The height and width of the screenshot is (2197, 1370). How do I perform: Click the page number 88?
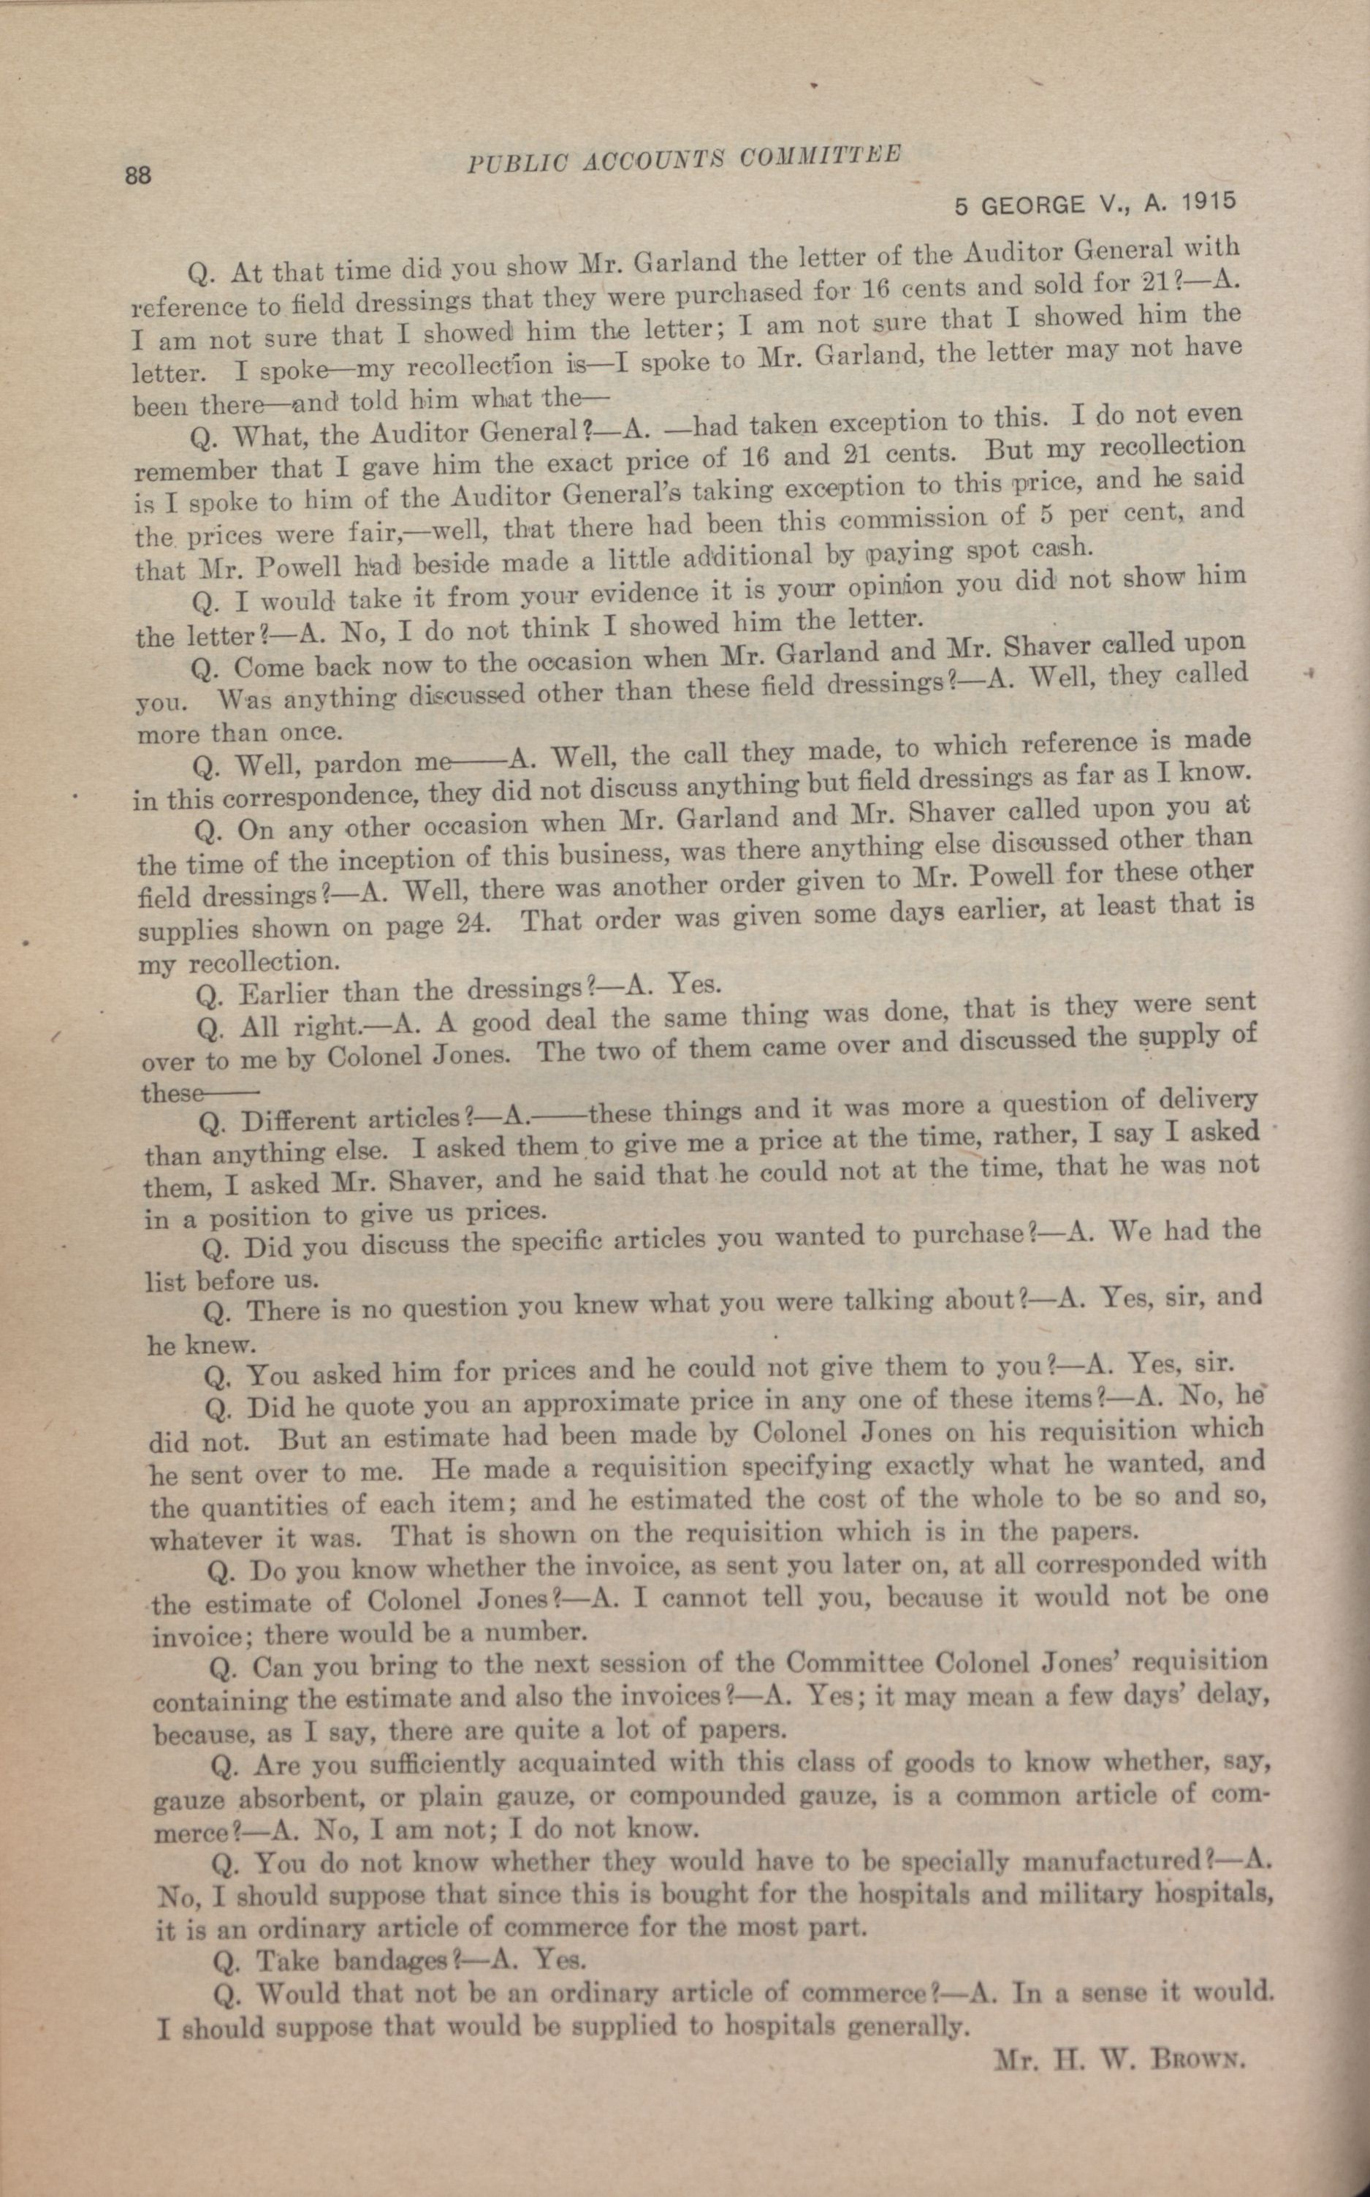pos(137,175)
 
